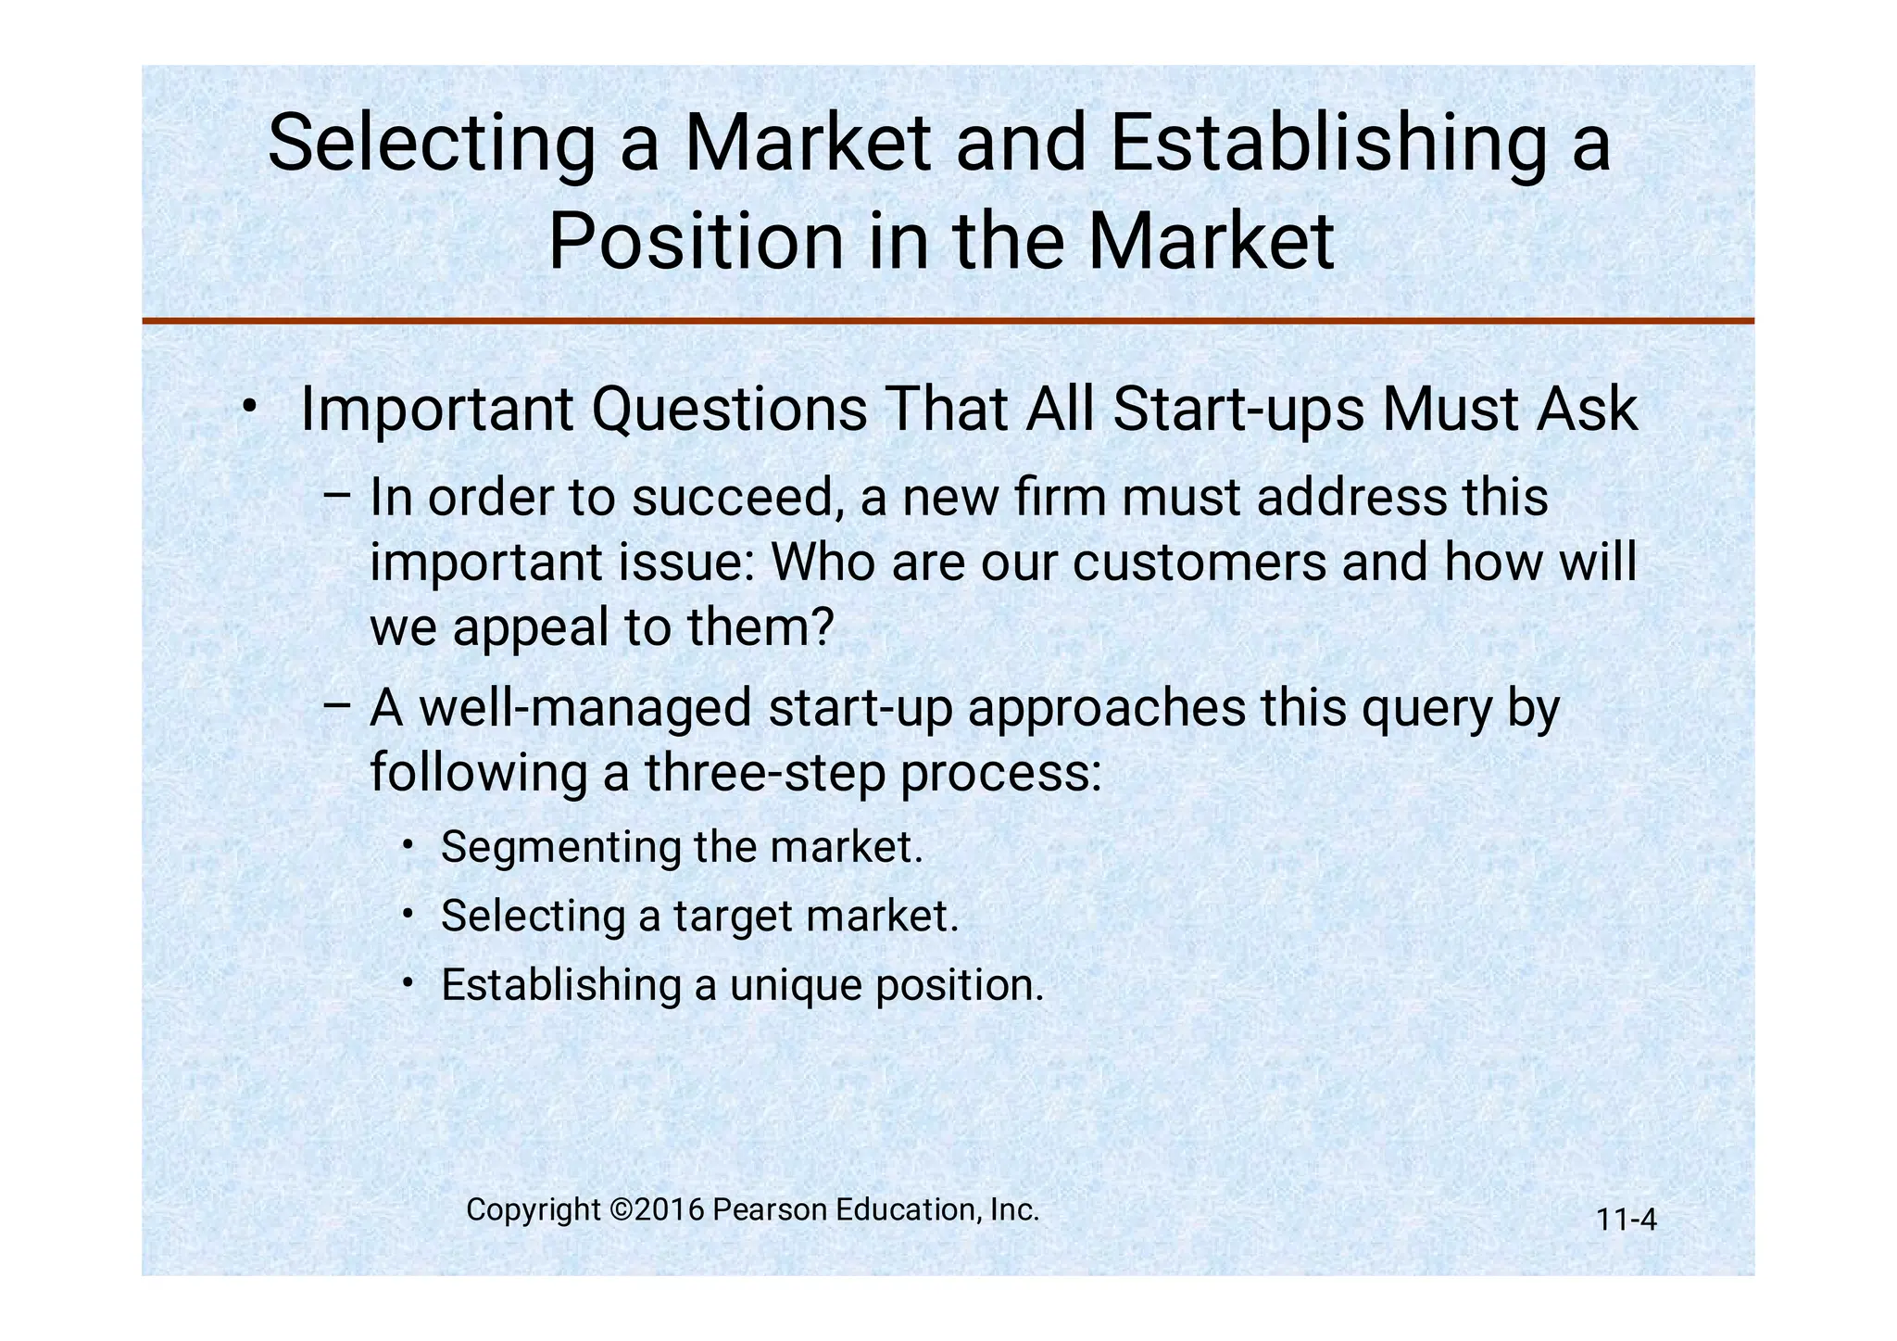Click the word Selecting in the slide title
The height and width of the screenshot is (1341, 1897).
coord(431,144)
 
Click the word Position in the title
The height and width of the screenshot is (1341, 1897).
coord(695,243)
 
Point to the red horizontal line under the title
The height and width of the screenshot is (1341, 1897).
coord(948,321)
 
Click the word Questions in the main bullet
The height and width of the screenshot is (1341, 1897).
coord(729,409)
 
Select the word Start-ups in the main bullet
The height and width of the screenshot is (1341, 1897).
coord(1238,409)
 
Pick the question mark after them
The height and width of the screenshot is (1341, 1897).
coord(821,626)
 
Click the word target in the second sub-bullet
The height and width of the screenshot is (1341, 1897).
coord(732,917)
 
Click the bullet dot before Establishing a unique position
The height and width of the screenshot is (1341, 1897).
coord(408,981)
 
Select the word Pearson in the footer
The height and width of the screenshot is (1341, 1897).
coord(771,1210)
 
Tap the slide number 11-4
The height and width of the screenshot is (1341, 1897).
coord(1626,1221)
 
